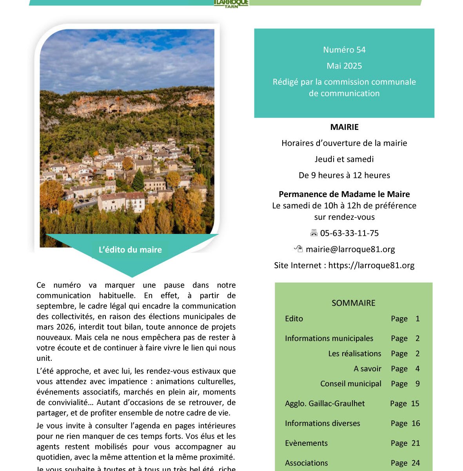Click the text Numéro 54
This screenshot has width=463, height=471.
[x=344, y=50]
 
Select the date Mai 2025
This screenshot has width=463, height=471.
[x=344, y=66]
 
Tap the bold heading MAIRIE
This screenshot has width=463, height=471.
[x=344, y=127]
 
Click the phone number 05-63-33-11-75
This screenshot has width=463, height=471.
[x=349, y=233]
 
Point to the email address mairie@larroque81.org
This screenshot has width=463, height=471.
[x=350, y=249]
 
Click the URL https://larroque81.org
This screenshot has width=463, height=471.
[x=371, y=265]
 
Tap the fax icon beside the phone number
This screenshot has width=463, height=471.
[x=314, y=233]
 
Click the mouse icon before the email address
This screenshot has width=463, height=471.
[x=298, y=249]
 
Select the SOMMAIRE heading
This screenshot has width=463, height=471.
[x=353, y=303]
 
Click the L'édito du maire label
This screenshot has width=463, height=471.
[x=130, y=250]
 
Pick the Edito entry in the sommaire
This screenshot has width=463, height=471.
[x=294, y=319]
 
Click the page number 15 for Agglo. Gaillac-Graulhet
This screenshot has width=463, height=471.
[x=415, y=403]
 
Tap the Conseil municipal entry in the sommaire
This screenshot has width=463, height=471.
[x=350, y=384]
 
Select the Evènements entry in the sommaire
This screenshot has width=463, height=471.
[x=306, y=443]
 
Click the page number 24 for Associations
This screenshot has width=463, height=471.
[x=416, y=463]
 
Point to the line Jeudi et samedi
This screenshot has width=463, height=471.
[x=344, y=159]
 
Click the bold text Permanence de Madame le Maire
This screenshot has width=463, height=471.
[x=344, y=194]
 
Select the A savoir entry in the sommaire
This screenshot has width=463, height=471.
[x=367, y=369]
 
